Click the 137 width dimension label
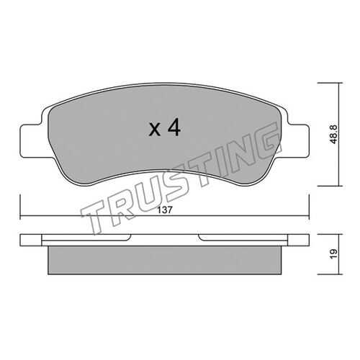(165, 210)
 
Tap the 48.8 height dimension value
(333, 134)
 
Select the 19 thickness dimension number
(334, 253)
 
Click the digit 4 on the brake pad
(174, 127)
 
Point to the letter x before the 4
(155, 130)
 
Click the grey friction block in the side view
(165, 260)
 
